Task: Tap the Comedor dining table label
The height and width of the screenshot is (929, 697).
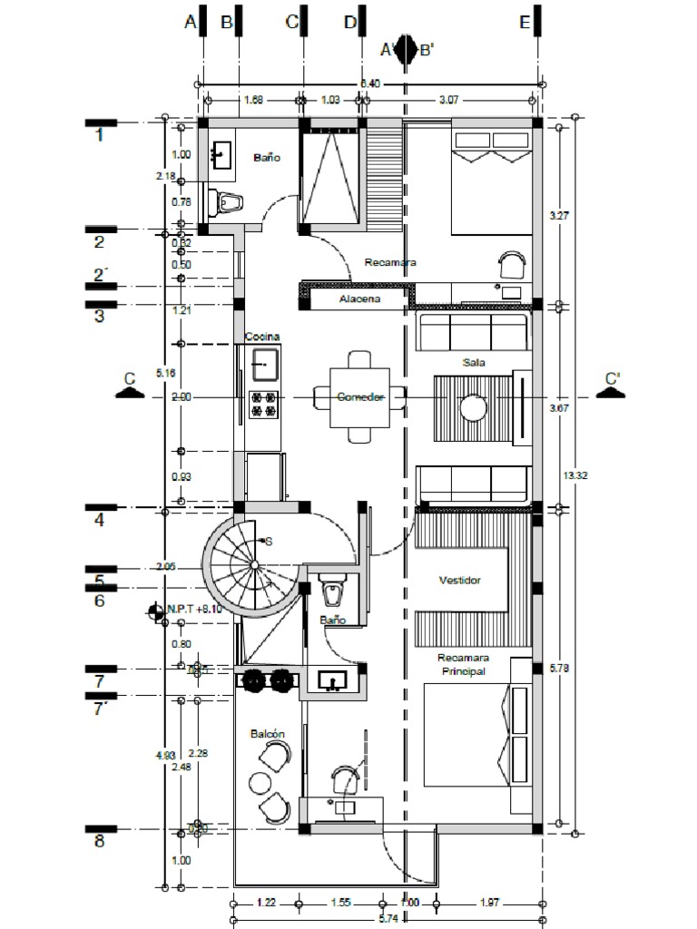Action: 361,397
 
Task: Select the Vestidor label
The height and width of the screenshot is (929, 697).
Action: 459,581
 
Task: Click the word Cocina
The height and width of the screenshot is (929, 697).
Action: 261,337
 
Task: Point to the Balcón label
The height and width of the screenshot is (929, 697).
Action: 268,733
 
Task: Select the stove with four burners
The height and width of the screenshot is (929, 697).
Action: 263,404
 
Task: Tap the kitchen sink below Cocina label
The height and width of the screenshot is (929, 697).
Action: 264,365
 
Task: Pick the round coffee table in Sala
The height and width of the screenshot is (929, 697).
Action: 473,407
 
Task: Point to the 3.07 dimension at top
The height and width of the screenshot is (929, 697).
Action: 449,100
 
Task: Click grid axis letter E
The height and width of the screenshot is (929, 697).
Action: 525,24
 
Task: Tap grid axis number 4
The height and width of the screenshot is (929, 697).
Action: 100,521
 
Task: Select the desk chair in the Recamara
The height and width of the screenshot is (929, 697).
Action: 513,265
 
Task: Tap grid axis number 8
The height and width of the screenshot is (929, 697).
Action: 100,842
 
